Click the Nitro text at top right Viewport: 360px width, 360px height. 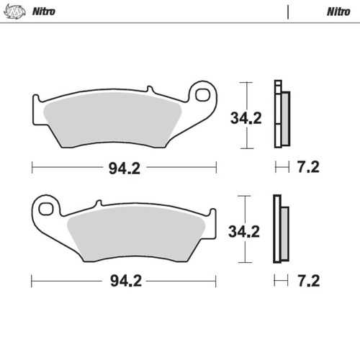coord(338,12)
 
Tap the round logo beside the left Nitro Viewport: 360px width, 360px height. coord(16,12)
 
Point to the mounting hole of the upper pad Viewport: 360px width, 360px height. coord(205,94)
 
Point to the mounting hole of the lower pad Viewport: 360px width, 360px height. coord(46,209)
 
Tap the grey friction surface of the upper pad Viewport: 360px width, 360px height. coord(108,119)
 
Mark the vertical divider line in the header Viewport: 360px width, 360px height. coord(288,12)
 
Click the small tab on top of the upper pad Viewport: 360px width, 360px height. coord(149,90)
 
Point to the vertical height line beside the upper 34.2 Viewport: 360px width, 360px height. coord(248,115)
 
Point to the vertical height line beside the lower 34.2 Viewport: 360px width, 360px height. coord(248,230)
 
